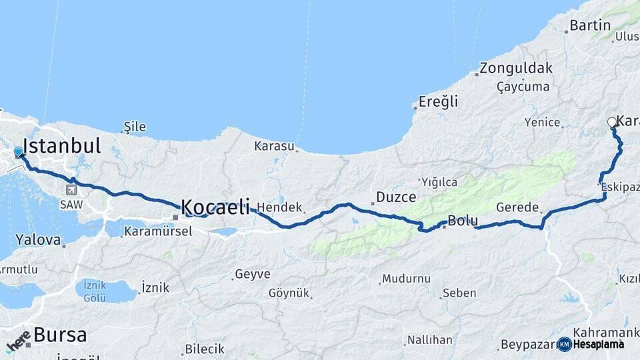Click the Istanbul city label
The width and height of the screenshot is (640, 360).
point(61,146)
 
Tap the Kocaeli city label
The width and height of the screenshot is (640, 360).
point(215,206)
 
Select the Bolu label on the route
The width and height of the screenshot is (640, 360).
point(462,221)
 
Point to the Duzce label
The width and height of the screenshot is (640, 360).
point(396,197)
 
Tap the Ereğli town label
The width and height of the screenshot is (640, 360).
point(438,102)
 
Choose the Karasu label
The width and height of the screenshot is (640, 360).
point(274,145)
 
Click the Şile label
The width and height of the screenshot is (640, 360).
point(135,127)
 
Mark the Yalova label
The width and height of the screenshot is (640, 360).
point(39,239)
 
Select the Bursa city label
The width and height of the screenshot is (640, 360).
point(60,335)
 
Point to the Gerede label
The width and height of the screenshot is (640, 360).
point(517,208)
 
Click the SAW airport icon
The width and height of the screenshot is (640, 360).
point(71,189)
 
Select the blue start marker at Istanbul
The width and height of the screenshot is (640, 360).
point(19,153)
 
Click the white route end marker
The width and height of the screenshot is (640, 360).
point(612,122)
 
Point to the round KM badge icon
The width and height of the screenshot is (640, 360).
point(564,344)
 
